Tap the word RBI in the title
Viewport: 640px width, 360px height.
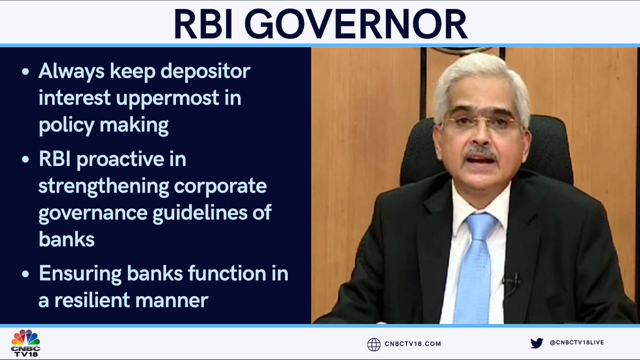(x=211, y=24)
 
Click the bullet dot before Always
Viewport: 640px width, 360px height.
(x=26, y=73)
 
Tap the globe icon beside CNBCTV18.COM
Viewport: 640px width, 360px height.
(x=374, y=344)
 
